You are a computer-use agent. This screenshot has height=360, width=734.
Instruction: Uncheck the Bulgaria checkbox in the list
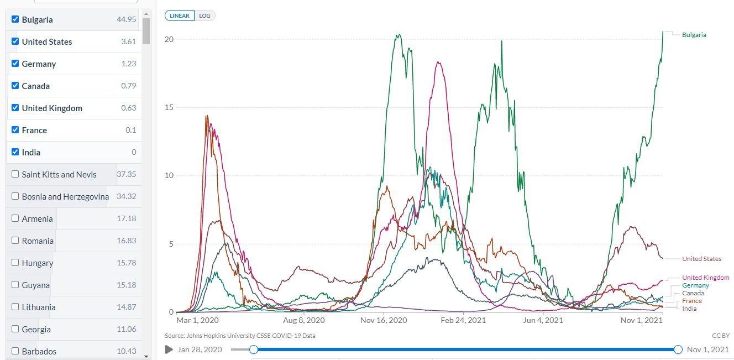[15, 19]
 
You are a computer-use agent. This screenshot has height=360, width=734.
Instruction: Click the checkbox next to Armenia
[15, 218]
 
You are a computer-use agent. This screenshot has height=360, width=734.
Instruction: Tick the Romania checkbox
[15, 241]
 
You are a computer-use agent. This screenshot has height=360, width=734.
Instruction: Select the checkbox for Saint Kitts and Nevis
[15, 174]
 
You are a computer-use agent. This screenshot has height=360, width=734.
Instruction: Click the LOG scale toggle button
[205, 15]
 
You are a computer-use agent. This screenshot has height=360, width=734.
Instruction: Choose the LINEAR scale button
[180, 15]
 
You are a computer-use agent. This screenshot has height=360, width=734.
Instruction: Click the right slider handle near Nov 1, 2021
[678, 349]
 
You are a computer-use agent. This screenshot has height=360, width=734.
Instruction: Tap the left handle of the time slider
[254, 349]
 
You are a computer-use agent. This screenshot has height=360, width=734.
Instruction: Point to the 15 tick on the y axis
[169, 107]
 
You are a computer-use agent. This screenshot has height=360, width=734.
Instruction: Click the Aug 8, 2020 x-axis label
[304, 320]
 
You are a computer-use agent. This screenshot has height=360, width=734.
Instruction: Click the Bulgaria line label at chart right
[694, 35]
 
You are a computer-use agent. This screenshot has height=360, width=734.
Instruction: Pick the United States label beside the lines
[701, 259]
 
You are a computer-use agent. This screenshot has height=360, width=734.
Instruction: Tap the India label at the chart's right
[689, 309]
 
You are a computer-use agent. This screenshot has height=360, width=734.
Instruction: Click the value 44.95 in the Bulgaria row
[126, 19]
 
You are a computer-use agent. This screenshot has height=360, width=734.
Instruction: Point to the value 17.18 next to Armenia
[126, 218]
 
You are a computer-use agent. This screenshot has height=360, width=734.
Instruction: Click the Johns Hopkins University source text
[240, 336]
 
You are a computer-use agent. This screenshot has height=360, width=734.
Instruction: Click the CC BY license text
[721, 336]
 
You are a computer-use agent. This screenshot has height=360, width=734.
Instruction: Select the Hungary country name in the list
[38, 263]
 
